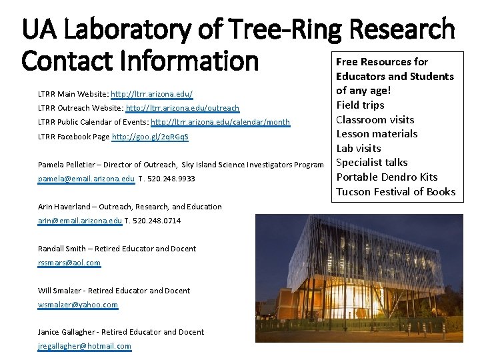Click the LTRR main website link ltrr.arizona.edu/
(x=152, y=94)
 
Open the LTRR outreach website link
(x=183, y=108)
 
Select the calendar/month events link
(x=221, y=123)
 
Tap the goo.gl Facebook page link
(x=150, y=137)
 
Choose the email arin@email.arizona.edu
(x=80, y=221)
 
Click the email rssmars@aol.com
(x=69, y=263)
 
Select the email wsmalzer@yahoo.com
(x=78, y=305)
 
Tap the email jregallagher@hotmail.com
(x=85, y=346)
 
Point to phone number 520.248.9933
(x=168, y=179)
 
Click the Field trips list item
(x=360, y=105)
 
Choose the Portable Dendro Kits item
(x=387, y=177)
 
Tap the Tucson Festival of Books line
(x=396, y=191)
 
